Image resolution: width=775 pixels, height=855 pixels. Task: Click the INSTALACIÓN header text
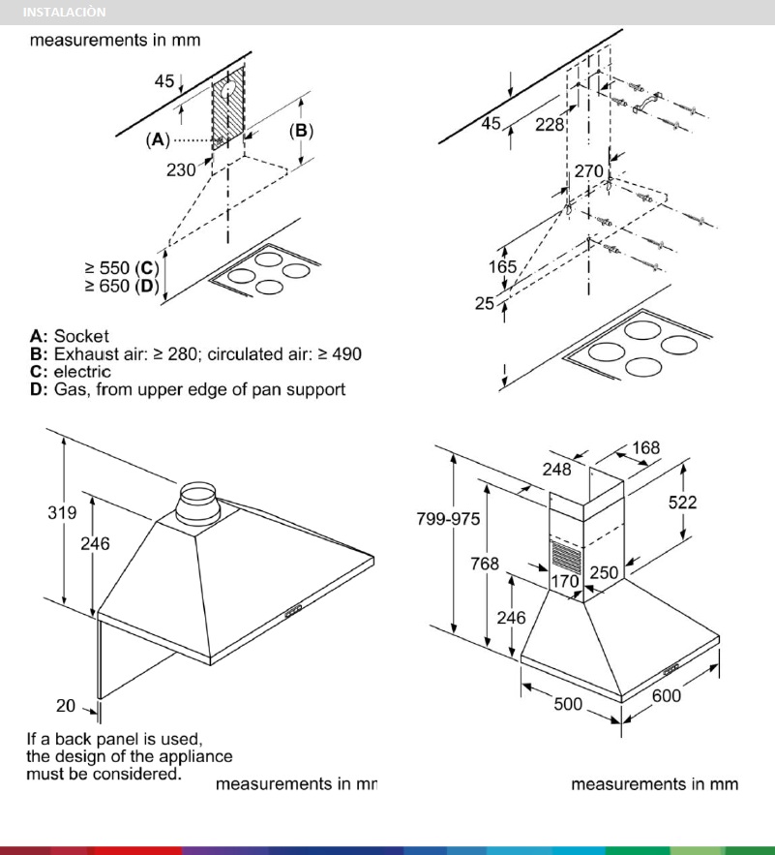(x=64, y=13)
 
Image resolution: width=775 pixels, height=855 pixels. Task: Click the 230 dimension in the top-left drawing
(x=181, y=168)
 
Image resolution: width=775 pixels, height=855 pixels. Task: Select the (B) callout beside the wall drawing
(x=302, y=130)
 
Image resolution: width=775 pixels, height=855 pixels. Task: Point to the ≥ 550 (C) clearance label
(x=121, y=268)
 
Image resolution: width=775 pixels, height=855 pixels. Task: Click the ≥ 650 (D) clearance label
(x=121, y=286)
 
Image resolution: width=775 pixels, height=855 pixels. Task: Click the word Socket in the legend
(x=81, y=337)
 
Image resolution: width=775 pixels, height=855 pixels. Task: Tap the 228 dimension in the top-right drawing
(x=550, y=124)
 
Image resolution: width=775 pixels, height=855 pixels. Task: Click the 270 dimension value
(x=589, y=170)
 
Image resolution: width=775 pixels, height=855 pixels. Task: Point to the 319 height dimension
(x=64, y=513)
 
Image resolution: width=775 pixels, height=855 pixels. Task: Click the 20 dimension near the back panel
(x=65, y=705)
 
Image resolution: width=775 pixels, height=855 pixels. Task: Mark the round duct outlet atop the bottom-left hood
(x=198, y=503)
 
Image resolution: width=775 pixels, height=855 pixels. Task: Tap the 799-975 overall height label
(x=448, y=520)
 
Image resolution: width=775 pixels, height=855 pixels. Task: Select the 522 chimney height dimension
(x=682, y=502)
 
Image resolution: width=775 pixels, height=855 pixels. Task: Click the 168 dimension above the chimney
(x=645, y=447)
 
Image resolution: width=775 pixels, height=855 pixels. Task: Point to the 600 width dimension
(x=667, y=695)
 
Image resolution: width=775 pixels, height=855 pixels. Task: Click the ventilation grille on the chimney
(x=567, y=556)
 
